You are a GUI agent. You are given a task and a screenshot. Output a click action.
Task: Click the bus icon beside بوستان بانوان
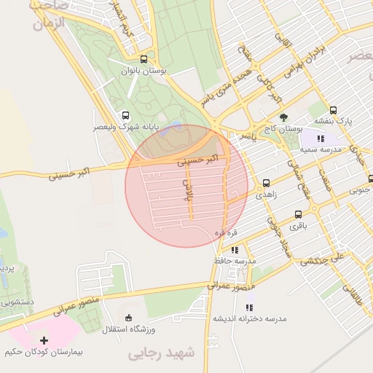(x=144, y=60)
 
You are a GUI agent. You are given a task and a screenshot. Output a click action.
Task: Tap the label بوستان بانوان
(x=144, y=71)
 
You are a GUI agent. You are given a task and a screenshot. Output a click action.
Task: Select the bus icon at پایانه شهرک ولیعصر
(x=126, y=115)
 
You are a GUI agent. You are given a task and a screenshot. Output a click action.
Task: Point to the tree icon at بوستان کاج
(x=283, y=117)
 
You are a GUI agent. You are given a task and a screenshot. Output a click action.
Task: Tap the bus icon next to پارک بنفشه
(x=333, y=110)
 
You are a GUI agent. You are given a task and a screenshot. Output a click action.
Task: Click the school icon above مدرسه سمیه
(x=320, y=138)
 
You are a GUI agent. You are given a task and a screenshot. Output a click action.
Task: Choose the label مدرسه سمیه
(x=318, y=149)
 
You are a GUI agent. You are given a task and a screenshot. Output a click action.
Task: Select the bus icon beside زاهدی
(x=265, y=184)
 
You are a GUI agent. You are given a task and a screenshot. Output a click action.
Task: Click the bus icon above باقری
(x=298, y=214)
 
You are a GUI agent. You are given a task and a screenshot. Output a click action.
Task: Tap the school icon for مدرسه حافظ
(x=235, y=251)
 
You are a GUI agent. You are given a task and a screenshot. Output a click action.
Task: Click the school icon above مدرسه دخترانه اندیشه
(x=249, y=308)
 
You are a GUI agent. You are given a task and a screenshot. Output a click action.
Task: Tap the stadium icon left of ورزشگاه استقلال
(x=129, y=317)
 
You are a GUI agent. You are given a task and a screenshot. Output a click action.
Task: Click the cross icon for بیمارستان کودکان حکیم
(x=44, y=340)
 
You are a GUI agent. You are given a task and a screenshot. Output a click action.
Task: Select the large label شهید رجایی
(x=162, y=353)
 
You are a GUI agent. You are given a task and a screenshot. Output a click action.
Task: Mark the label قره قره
(x=225, y=232)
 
